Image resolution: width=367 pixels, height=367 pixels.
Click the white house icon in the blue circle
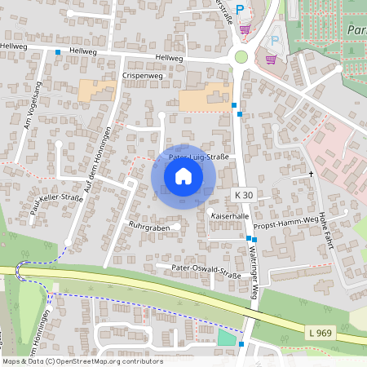tap(183, 176)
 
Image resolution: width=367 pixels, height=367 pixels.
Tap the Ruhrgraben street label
tap(148, 225)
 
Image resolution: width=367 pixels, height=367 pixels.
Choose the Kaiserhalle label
tap(228, 215)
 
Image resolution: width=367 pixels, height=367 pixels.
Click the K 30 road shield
tap(244, 195)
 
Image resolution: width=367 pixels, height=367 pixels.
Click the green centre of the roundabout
tap(241, 56)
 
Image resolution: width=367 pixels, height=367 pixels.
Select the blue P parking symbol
tap(240, 8)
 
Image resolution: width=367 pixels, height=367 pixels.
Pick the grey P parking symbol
tap(275, 39)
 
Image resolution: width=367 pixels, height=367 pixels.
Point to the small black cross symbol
tap(311, 174)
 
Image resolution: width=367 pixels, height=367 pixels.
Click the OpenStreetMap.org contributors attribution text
tap(106, 361)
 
